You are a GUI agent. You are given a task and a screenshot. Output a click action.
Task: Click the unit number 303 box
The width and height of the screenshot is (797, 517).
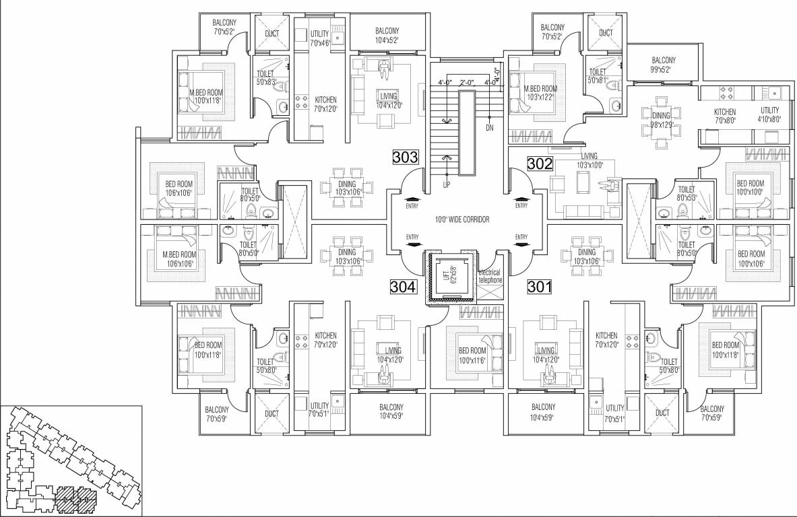point(406,158)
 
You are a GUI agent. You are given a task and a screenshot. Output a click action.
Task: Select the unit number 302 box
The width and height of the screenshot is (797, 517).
point(540,163)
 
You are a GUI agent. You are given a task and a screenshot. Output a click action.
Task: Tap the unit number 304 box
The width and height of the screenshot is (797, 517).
point(404,287)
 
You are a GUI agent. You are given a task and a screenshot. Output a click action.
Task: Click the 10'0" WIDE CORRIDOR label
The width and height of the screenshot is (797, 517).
point(461,220)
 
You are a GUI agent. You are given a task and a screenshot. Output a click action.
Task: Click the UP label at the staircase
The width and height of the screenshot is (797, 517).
point(446,184)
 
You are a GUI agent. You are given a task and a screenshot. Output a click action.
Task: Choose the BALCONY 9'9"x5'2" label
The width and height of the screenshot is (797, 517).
point(664,65)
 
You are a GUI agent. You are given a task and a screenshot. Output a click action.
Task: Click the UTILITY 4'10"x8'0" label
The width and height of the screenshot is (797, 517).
point(769,114)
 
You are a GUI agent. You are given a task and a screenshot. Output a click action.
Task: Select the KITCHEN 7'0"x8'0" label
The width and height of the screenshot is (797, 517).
point(725,116)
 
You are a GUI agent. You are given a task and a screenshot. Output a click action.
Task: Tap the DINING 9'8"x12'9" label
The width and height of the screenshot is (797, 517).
point(661,120)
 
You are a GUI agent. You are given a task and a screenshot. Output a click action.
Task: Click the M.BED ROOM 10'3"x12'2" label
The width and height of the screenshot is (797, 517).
point(540,93)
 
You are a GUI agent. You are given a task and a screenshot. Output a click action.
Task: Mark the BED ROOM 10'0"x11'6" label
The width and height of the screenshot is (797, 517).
point(472,355)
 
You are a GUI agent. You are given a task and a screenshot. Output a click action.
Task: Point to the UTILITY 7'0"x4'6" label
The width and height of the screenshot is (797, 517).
point(319,38)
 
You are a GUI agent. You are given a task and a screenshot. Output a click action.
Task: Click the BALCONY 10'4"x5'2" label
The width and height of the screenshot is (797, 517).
point(387,36)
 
